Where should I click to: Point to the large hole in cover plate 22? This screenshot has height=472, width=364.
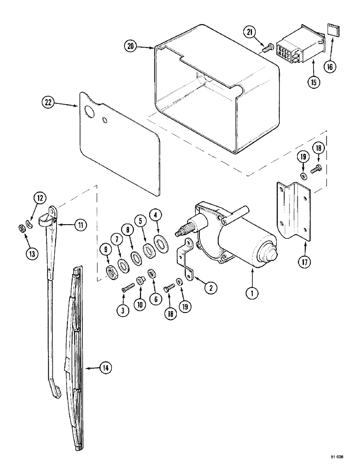(x=88, y=112)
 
